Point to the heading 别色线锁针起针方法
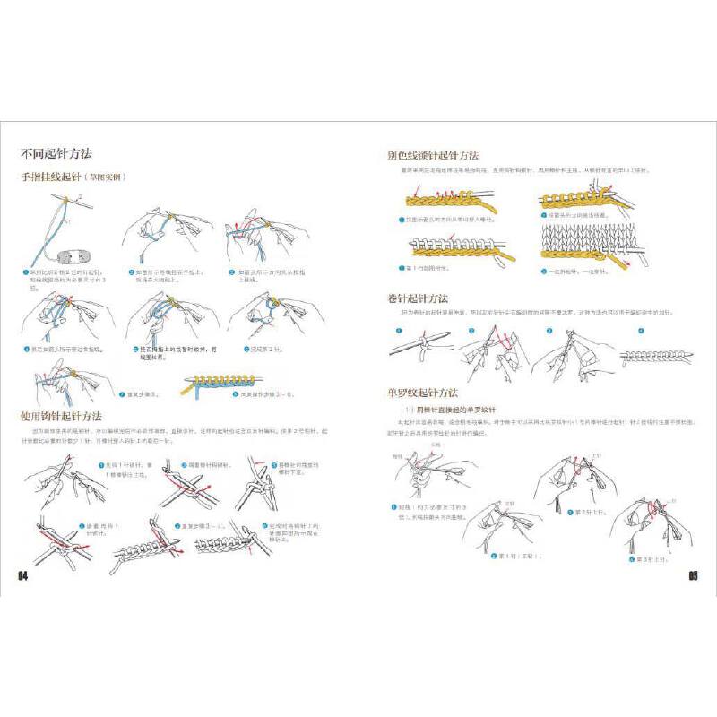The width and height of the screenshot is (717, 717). [x=432, y=155]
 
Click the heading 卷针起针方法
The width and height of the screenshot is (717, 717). [x=418, y=298]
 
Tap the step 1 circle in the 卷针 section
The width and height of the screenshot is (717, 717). [x=393, y=330]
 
